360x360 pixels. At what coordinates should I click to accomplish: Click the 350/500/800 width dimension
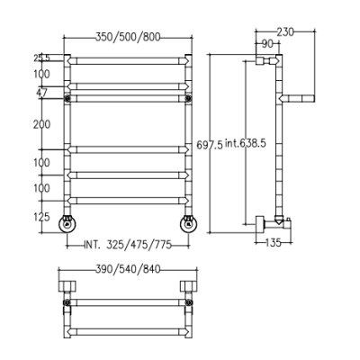tap(128, 37)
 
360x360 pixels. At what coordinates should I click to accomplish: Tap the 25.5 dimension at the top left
tap(41, 58)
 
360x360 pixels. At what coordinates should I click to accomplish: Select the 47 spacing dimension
tap(41, 93)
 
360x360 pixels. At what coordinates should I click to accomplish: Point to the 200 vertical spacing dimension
tap(41, 124)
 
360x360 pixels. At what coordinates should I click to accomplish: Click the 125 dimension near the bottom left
tap(41, 217)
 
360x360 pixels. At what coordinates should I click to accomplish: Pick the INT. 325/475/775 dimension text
tap(128, 245)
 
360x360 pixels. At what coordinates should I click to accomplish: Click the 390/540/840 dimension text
tap(128, 269)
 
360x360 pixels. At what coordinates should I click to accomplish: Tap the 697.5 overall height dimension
tap(210, 145)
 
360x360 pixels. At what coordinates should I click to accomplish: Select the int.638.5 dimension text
tap(246, 143)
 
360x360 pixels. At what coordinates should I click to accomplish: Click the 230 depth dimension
tap(285, 31)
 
